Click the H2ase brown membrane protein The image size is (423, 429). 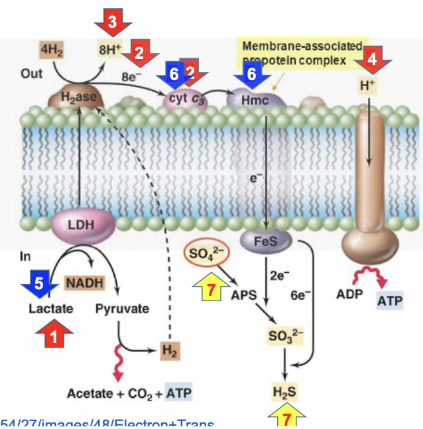(78, 99)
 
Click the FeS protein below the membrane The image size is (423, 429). (265, 241)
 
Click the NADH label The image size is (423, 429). (84, 283)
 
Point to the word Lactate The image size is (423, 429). (51, 309)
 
